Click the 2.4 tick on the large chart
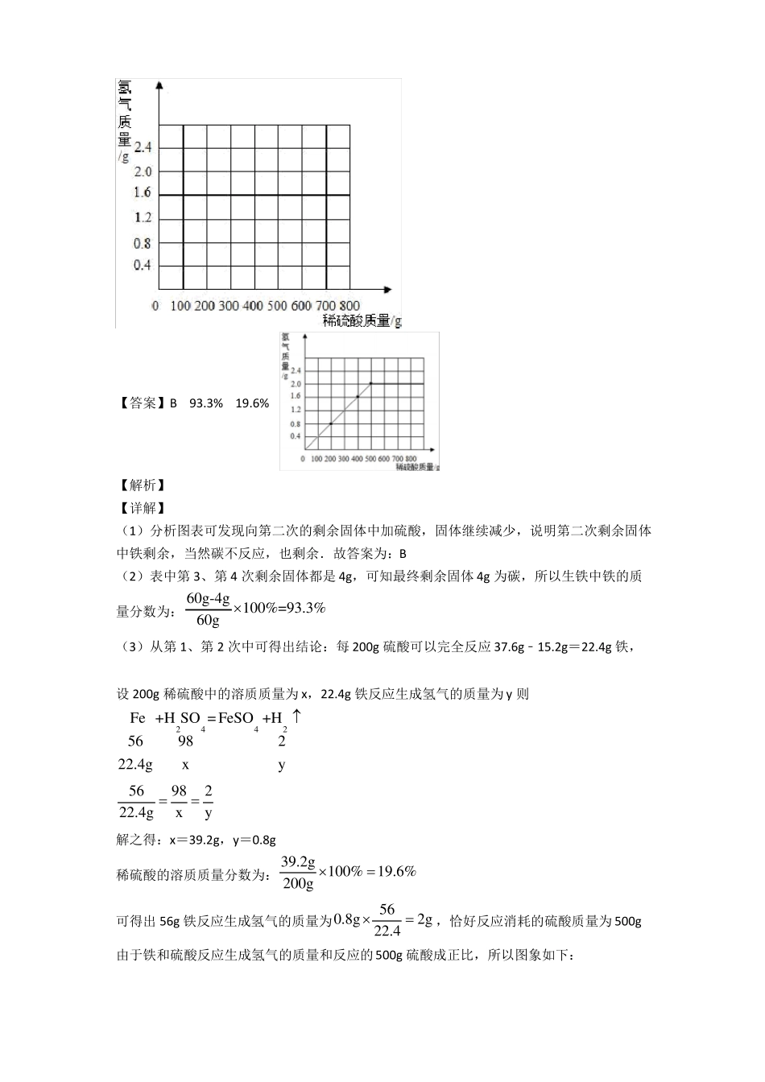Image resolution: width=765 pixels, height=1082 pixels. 143,147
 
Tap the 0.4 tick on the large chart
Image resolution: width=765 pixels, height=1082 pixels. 143,265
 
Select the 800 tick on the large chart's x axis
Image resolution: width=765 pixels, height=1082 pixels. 349,306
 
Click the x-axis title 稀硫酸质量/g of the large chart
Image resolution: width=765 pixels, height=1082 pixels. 362,320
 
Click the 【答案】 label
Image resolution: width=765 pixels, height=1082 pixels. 142,403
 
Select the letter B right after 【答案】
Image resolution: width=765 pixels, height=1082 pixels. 173,403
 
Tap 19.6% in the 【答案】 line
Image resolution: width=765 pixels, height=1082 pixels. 252,403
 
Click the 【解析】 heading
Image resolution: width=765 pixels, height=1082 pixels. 142,485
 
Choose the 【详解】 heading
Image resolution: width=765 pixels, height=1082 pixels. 142,508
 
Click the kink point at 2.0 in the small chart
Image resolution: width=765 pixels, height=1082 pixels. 371,383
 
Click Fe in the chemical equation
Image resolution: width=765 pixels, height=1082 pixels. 138,718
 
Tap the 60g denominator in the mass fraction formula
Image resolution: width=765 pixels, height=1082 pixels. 208,620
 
